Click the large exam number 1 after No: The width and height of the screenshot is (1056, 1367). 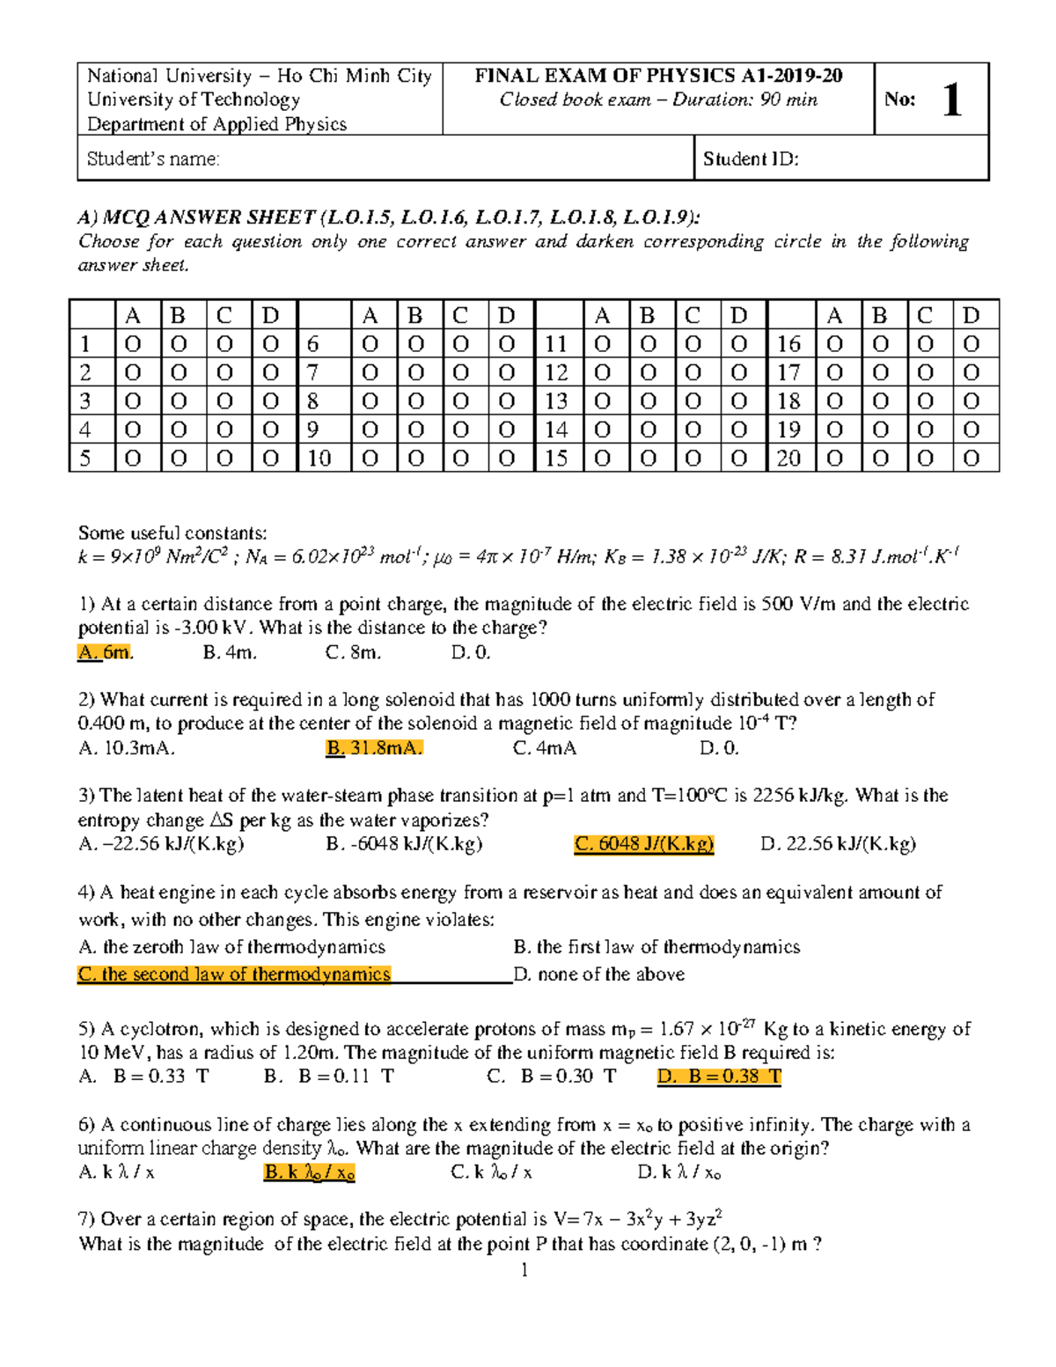(951, 99)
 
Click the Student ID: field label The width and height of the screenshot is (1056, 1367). (751, 159)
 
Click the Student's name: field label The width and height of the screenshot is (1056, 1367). (153, 159)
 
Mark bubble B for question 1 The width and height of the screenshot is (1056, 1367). (179, 344)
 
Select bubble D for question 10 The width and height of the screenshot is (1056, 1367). (507, 459)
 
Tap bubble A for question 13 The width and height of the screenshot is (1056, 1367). (603, 401)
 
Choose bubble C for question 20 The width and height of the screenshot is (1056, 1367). (925, 459)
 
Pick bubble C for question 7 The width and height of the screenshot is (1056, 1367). (461, 373)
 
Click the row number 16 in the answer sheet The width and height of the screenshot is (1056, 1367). (788, 344)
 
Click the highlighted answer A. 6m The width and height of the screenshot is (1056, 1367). (105, 652)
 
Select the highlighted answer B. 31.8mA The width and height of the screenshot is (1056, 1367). (374, 748)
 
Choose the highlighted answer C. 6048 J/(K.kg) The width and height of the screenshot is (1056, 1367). (643, 844)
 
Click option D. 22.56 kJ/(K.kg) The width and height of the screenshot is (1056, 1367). (838, 844)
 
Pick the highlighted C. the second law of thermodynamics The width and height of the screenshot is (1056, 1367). (234, 974)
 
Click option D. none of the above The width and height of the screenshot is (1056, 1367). (598, 974)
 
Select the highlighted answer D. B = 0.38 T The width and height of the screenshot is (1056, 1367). (719, 1077)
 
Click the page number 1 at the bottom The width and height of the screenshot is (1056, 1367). (524, 1269)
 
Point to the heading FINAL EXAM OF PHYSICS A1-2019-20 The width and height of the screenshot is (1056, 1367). (658, 76)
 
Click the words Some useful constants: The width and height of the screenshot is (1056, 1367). (172, 533)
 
